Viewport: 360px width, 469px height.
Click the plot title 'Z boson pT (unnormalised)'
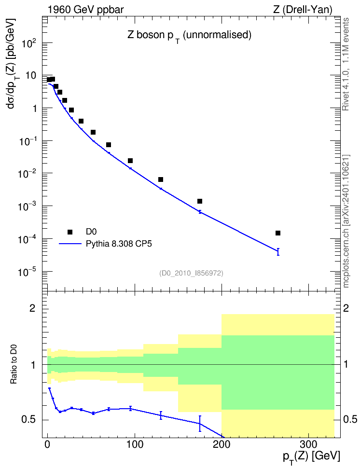pyautogui.click(x=190, y=36)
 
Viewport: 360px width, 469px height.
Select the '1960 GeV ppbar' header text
pyautogui.click(x=85, y=10)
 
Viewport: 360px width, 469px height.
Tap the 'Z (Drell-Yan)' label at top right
pyautogui.click(x=303, y=10)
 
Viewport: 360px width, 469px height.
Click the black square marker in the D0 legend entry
pyautogui.click(x=70, y=232)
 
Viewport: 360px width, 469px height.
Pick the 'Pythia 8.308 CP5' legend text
pyautogui.click(x=119, y=244)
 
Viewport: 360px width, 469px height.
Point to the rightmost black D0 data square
pyautogui.click(x=277, y=233)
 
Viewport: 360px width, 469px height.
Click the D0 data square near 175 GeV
pyautogui.click(x=200, y=201)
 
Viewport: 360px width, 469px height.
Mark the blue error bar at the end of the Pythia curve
pyautogui.click(x=278, y=252)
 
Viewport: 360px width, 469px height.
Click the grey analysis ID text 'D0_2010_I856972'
pyautogui.click(x=191, y=273)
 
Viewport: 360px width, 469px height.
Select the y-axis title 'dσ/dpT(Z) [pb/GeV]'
pyautogui.click(x=12, y=63)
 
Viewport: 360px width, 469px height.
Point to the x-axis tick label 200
pyautogui.click(x=222, y=444)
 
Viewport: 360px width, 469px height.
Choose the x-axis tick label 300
pyautogui.click(x=308, y=444)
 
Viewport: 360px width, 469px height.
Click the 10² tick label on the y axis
pyautogui.click(x=29, y=44)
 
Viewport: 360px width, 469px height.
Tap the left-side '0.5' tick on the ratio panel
pyautogui.click(x=28, y=420)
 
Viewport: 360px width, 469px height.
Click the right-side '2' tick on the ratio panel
pyautogui.click(x=346, y=308)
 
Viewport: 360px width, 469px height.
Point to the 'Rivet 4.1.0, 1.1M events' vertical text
pyautogui.click(x=346, y=64)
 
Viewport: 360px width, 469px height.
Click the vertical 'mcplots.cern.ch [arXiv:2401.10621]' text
pyautogui.click(x=346, y=221)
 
